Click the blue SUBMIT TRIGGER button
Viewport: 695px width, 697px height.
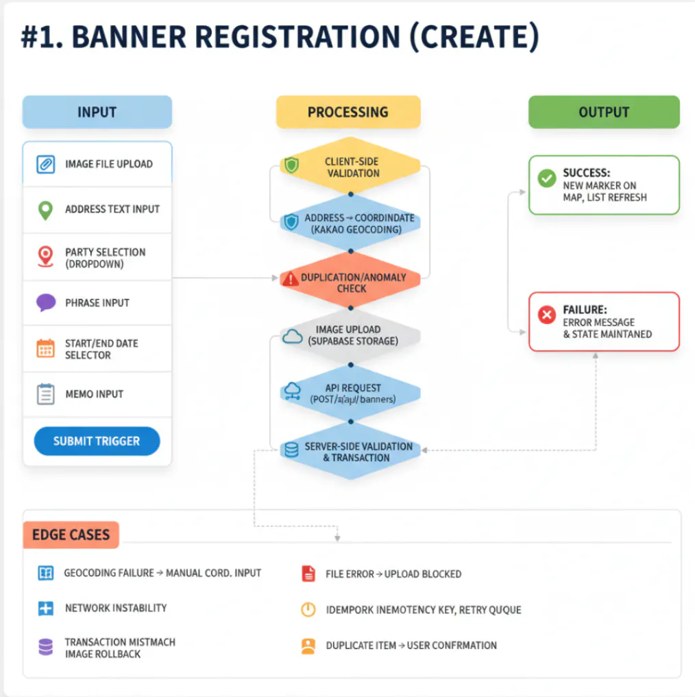coord(97,441)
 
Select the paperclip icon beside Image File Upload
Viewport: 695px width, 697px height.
coord(45,164)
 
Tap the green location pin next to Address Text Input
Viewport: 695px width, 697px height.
coord(45,210)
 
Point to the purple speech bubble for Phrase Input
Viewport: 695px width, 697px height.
coord(45,302)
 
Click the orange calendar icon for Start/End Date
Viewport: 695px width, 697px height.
coord(45,348)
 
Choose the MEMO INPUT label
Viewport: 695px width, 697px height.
coord(94,394)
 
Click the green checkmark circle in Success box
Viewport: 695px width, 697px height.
coord(547,179)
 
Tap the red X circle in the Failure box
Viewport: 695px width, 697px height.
coord(547,315)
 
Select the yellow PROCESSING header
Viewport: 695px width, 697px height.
coord(347,112)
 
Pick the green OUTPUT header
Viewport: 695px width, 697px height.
coord(603,112)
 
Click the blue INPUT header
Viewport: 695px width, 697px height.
coord(97,112)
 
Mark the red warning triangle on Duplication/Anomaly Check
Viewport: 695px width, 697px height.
coord(291,279)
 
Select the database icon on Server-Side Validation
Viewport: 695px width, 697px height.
coord(291,450)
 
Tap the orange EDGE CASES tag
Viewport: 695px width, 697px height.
coord(71,535)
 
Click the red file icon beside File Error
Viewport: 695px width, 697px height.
coord(308,574)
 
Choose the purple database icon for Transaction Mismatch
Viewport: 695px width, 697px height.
coord(46,647)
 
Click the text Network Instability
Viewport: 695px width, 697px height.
coord(115,608)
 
